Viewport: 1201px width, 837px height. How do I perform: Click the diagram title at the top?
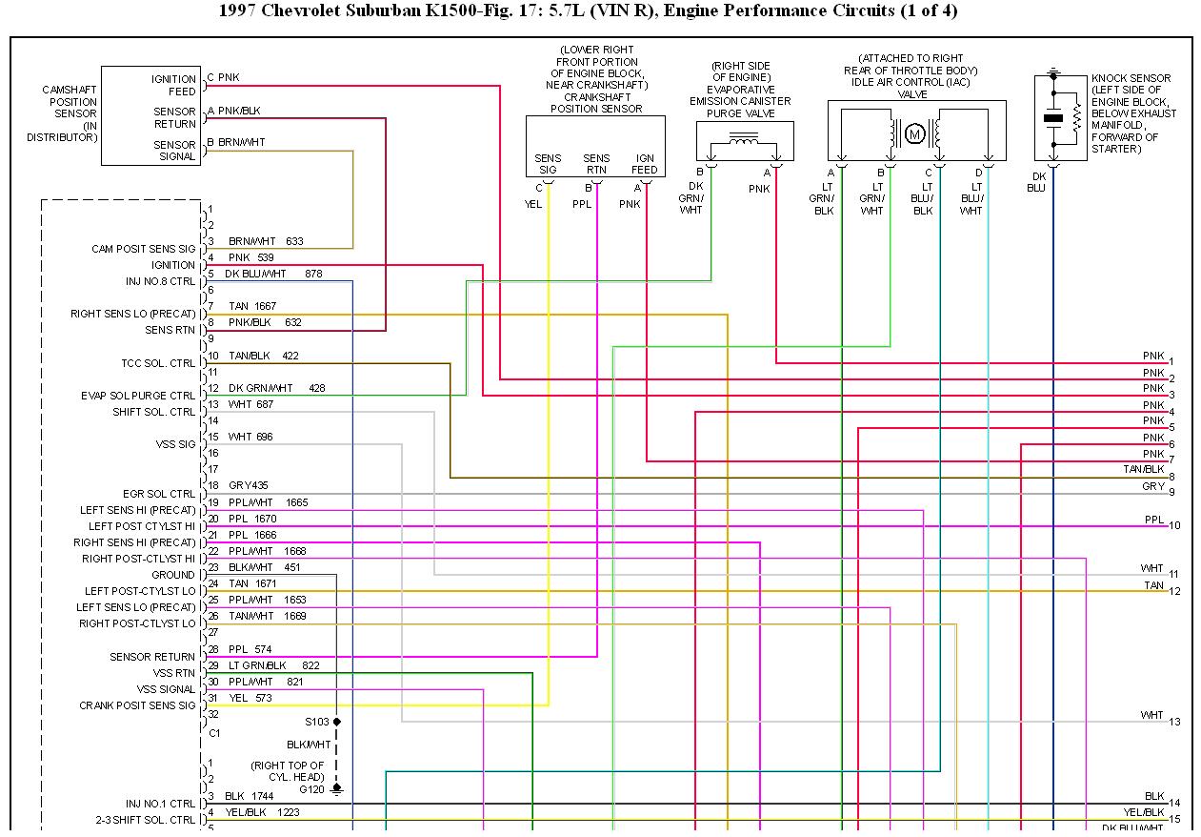(x=588, y=11)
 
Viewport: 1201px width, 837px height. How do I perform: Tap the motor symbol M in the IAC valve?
(x=915, y=133)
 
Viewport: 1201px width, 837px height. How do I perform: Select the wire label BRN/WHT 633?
(x=266, y=242)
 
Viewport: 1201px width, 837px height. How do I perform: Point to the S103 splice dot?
(x=336, y=722)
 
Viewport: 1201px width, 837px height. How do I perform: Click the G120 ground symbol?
(x=336, y=790)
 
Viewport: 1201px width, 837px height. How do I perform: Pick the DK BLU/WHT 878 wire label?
(x=273, y=275)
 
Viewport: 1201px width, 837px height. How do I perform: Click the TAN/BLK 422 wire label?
(x=263, y=356)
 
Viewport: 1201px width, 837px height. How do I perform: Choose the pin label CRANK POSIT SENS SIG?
(x=137, y=706)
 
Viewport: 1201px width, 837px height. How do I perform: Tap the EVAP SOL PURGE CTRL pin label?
(x=138, y=396)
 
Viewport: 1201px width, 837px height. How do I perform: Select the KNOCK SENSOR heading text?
(x=1131, y=78)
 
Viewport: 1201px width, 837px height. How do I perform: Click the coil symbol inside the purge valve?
(x=743, y=141)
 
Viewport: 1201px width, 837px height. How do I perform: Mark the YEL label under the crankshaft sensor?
(x=532, y=203)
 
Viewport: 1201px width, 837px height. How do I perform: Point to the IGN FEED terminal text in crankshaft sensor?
(x=645, y=164)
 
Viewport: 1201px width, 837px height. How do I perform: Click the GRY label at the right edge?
(x=1153, y=486)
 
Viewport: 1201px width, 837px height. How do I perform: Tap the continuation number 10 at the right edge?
(x=1174, y=525)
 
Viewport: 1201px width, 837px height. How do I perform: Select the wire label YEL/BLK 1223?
(x=261, y=812)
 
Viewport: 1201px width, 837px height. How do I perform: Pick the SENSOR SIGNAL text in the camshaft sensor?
(x=174, y=151)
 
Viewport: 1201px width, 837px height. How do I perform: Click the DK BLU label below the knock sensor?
(x=1036, y=181)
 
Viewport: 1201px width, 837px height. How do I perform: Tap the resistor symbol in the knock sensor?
(x=1076, y=119)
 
